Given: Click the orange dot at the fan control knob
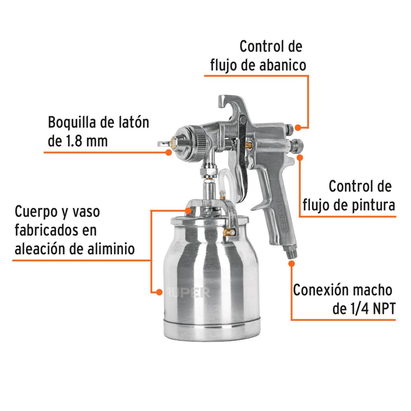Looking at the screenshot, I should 298,127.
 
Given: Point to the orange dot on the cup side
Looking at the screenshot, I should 159,292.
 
